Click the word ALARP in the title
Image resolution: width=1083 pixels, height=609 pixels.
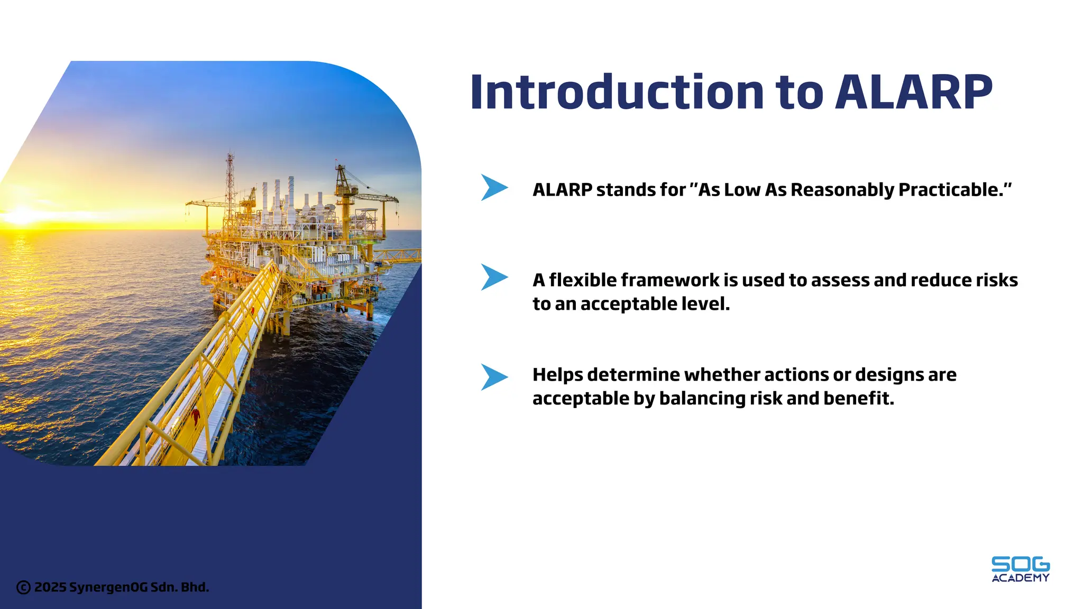click(913, 93)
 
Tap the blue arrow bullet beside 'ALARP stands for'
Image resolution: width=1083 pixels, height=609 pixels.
click(493, 188)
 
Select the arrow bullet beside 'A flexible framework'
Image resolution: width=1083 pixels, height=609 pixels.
click(493, 278)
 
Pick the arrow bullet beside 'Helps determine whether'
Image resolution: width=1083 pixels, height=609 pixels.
click(493, 377)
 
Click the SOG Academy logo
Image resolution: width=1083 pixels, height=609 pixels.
click(1020, 569)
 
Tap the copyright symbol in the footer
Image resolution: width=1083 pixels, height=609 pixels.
click(23, 587)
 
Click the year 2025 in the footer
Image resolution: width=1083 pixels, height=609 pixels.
click(50, 587)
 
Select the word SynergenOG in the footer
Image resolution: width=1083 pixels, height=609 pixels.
click(108, 587)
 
